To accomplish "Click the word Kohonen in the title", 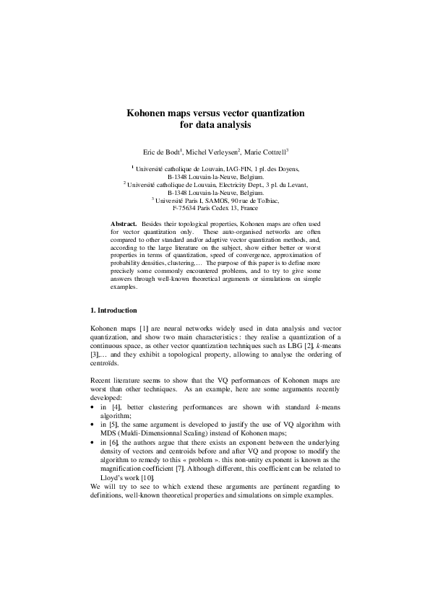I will [x=149, y=113].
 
